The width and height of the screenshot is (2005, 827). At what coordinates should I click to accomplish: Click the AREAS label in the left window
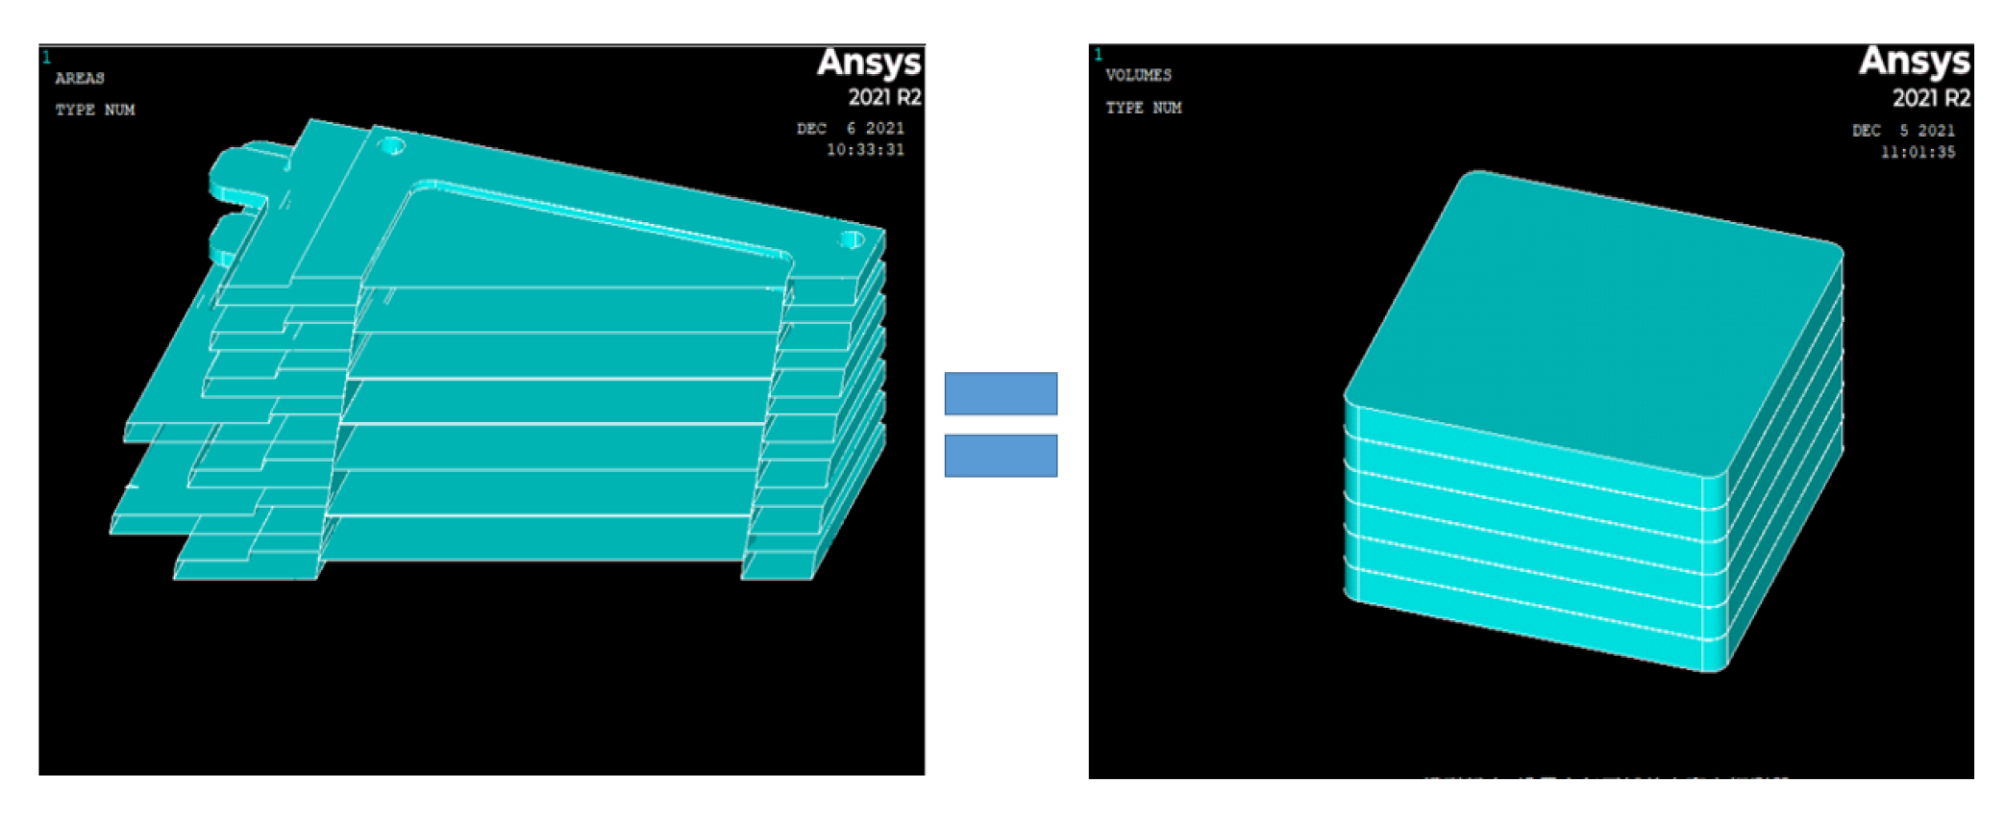point(80,78)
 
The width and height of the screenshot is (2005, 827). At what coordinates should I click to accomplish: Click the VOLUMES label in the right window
point(1138,75)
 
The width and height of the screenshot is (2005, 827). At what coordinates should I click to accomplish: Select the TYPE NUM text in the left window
point(95,110)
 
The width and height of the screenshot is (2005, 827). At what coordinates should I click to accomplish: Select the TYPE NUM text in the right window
point(1144,108)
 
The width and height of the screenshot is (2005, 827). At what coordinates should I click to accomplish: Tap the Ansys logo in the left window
point(869,63)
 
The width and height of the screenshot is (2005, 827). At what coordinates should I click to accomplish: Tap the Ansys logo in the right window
point(1914,61)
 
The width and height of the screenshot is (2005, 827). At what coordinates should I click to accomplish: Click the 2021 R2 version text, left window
point(884,97)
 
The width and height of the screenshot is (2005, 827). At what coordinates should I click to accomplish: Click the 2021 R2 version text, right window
point(1931,98)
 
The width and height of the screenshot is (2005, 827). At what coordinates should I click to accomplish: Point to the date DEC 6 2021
point(850,128)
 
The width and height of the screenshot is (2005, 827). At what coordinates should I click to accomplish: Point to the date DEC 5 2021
point(1903,131)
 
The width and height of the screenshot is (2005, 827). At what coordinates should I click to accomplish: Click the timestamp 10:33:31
point(865,149)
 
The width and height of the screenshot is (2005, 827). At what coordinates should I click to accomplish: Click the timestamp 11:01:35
point(1918,152)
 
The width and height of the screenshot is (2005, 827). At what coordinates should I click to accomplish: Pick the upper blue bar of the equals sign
point(1001,393)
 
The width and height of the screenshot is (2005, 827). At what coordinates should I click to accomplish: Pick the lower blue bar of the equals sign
point(1001,455)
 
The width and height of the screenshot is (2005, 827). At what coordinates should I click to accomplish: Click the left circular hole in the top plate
point(392,146)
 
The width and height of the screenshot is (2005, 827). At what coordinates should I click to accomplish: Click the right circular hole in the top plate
point(852,239)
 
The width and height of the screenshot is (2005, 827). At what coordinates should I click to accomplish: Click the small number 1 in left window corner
point(46,58)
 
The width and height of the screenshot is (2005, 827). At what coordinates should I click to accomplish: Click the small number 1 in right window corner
point(1098,55)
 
